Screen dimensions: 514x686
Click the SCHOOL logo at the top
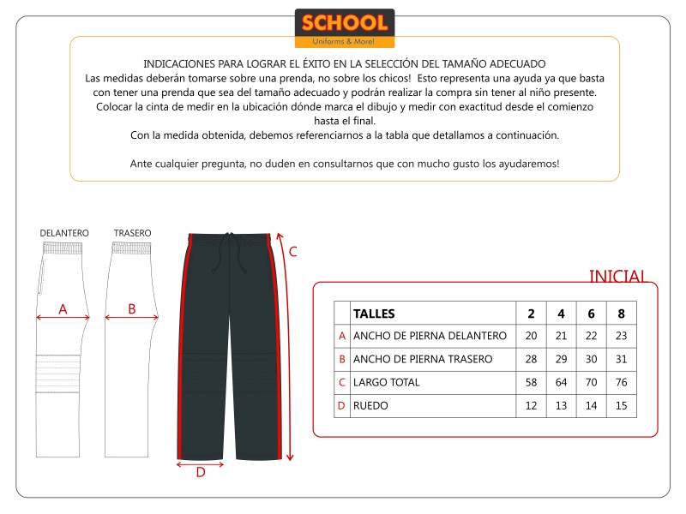tap(344, 27)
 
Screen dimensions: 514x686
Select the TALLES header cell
tap(374, 314)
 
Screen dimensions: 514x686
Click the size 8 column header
tap(621, 314)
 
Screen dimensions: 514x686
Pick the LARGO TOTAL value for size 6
tap(591, 382)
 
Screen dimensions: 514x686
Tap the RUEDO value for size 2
tap(531, 405)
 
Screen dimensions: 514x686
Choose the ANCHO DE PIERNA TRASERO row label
tap(423, 359)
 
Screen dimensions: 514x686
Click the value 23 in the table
tap(621, 336)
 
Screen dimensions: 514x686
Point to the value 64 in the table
tap(561, 382)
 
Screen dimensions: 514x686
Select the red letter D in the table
tap(342, 405)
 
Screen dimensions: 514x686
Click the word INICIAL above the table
tap(617, 276)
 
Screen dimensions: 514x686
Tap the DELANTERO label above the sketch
tap(64, 233)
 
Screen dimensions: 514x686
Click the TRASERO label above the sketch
tap(132, 233)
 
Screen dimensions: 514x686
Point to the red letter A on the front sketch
tap(63, 309)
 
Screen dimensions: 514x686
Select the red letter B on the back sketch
tap(131, 309)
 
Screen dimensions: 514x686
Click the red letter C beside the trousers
tap(292, 252)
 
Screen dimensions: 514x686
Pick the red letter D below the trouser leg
tap(200, 472)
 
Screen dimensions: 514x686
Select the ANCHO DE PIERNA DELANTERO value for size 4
tap(561, 336)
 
